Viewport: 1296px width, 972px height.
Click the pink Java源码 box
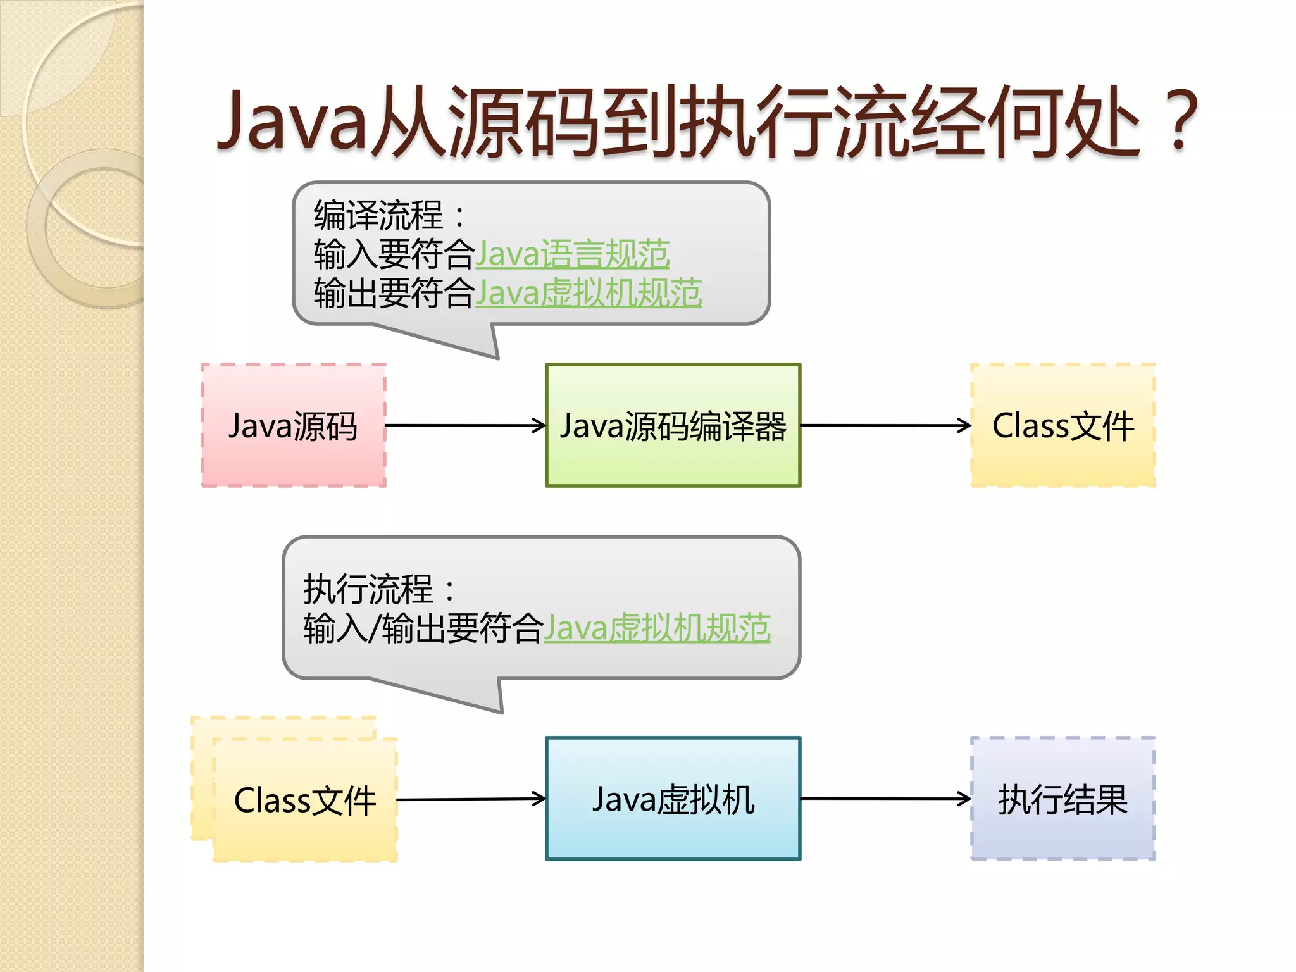pos(293,425)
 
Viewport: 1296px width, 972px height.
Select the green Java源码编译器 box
pos(673,425)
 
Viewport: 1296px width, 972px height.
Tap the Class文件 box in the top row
pos(1063,425)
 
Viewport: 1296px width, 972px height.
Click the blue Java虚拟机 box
pos(673,799)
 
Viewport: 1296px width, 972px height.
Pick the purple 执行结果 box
pos(1063,799)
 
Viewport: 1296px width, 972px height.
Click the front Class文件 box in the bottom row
pos(305,800)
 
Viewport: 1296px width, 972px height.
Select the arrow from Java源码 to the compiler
pos(465,425)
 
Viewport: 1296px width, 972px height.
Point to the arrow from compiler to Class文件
pos(886,425)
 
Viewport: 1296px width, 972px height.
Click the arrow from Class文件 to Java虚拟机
pos(471,799)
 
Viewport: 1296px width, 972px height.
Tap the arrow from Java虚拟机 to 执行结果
pos(886,799)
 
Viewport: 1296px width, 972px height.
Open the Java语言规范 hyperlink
pos(573,254)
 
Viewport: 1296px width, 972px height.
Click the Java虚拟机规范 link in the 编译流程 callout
pos(589,294)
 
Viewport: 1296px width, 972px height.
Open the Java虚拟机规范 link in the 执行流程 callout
pos(657,628)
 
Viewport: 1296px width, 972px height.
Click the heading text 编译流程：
pos(389,215)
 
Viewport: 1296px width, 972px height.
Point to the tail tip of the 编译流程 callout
pos(497,358)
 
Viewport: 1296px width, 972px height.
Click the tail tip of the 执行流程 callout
pos(501,712)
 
